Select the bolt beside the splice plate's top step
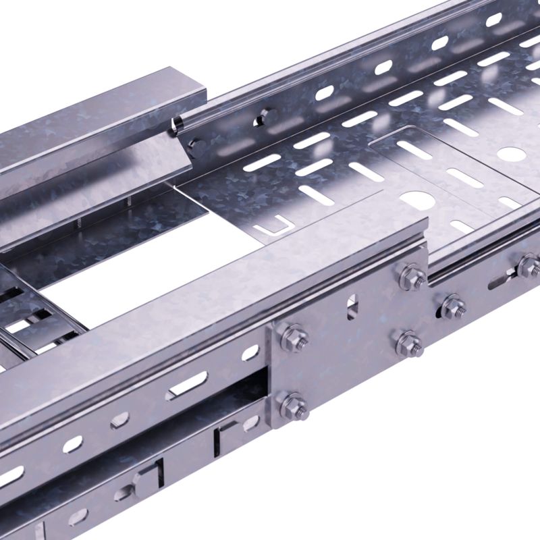[410, 277]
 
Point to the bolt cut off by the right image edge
[529, 266]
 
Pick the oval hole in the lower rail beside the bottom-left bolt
[251, 423]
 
